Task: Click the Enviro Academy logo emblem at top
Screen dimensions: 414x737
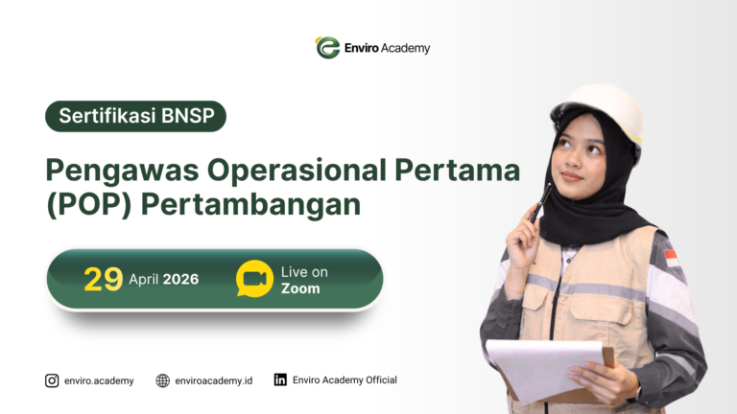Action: coord(327,47)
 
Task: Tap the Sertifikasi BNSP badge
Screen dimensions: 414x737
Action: coord(135,116)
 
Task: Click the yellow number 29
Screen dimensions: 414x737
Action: coord(103,279)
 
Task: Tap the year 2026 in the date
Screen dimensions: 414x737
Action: coord(180,280)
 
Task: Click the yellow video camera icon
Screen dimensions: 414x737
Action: coord(254,279)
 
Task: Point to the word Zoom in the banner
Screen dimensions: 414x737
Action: coord(300,288)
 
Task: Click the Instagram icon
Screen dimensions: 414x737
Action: coord(52,380)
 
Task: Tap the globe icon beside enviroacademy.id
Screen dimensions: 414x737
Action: coord(162,380)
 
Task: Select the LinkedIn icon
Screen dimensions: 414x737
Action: coord(280,379)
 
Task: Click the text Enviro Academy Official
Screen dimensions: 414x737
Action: coord(345,380)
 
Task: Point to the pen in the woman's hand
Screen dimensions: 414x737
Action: coord(542,201)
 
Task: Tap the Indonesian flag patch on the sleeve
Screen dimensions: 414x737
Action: coord(671,257)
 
